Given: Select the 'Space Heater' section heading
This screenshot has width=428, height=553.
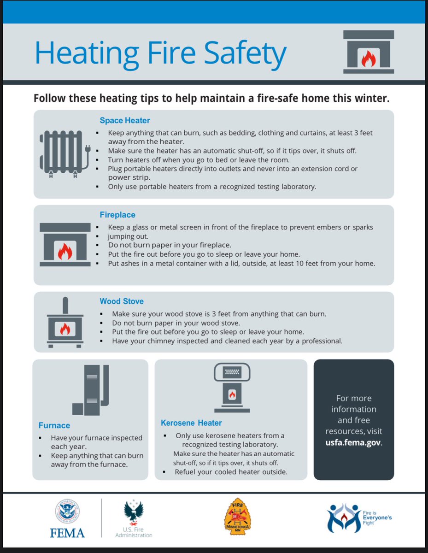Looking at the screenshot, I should (x=125, y=121).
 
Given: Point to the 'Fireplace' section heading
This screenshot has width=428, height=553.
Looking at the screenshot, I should (x=117, y=215).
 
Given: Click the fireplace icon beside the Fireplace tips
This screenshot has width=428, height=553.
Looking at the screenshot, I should (x=65, y=245).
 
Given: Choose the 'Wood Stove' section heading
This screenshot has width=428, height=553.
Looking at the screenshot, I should (x=122, y=301).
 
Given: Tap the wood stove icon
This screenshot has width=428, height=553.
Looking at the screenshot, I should (x=65, y=323).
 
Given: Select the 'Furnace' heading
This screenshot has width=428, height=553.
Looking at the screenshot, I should (x=54, y=425).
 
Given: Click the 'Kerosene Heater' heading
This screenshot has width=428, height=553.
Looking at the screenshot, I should (x=191, y=423).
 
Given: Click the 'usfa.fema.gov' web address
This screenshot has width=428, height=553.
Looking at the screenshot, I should (x=353, y=442).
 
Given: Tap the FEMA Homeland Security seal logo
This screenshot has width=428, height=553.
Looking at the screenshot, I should (x=67, y=512).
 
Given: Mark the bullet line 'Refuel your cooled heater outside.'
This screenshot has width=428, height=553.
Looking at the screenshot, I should (x=231, y=472).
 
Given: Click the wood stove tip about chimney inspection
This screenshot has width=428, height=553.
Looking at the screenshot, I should (x=227, y=341).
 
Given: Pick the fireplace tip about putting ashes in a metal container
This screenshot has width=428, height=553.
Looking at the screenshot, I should (x=241, y=264).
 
